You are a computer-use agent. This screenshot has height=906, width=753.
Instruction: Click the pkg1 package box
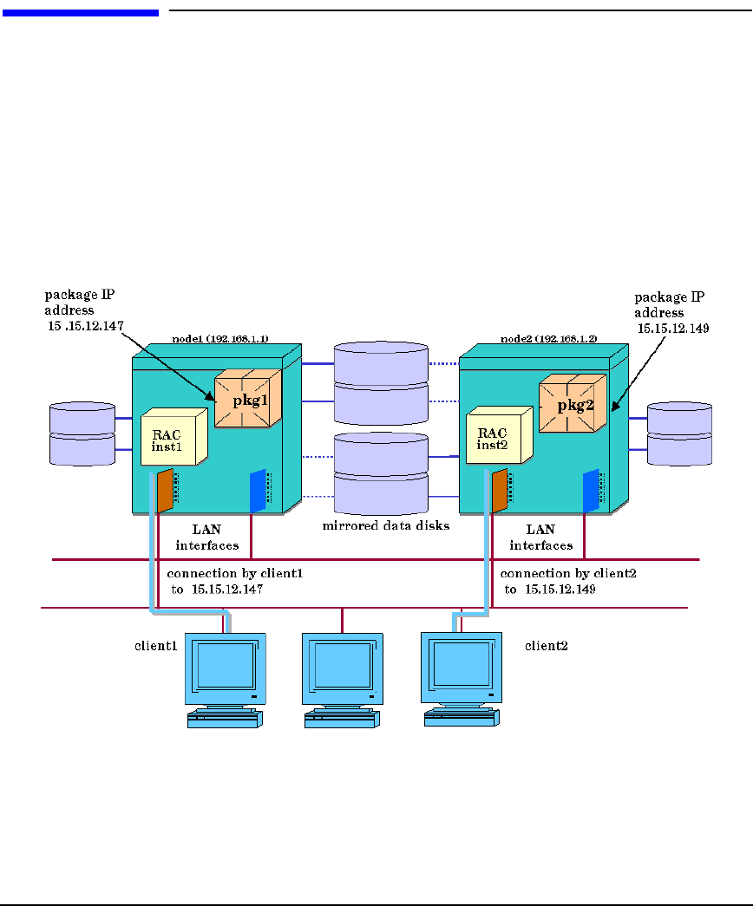tap(248, 399)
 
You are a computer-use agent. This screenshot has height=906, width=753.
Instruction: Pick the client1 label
tap(156, 646)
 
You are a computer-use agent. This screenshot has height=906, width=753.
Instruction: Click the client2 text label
tap(547, 646)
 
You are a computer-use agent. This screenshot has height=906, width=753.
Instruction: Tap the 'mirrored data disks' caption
tap(386, 525)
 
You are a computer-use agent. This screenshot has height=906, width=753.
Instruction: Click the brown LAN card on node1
tap(164, 491)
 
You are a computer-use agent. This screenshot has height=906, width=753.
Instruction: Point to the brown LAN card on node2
tap(499, 491)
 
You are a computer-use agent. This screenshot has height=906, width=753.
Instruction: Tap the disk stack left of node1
tap(82, 433)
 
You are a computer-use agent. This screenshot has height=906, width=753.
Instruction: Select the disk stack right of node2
tap(680, 433)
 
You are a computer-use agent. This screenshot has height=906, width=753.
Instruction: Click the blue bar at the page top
tap(81, 12)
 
